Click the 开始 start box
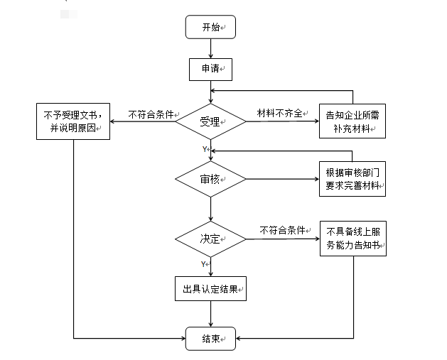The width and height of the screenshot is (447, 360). (210, 28)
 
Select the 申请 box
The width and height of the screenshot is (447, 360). (210, 69)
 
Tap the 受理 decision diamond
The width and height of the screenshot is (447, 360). (210, 121)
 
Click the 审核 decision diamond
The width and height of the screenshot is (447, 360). (210, 179)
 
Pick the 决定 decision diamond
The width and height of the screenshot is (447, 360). (210, 237)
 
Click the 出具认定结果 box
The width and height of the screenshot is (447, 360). (210, 289)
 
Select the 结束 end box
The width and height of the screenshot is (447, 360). (210, 339)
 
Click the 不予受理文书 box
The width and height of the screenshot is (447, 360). (73, 121)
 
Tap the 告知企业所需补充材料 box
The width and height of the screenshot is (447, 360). (352, 121)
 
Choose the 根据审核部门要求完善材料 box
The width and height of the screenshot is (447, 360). (352, 179)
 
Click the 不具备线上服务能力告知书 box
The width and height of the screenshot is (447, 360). (352, 238)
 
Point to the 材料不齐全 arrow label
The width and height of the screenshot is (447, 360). (279, 114)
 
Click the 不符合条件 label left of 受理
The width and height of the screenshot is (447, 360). (151, 114)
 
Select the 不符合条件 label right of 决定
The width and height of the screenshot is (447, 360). (283, 231)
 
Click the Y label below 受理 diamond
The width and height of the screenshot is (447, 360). (204, 149)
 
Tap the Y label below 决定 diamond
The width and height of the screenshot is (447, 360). (204, 264)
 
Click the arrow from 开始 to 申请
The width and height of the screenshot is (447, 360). (210, 48)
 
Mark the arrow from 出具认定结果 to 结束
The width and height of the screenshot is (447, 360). (210, 314)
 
